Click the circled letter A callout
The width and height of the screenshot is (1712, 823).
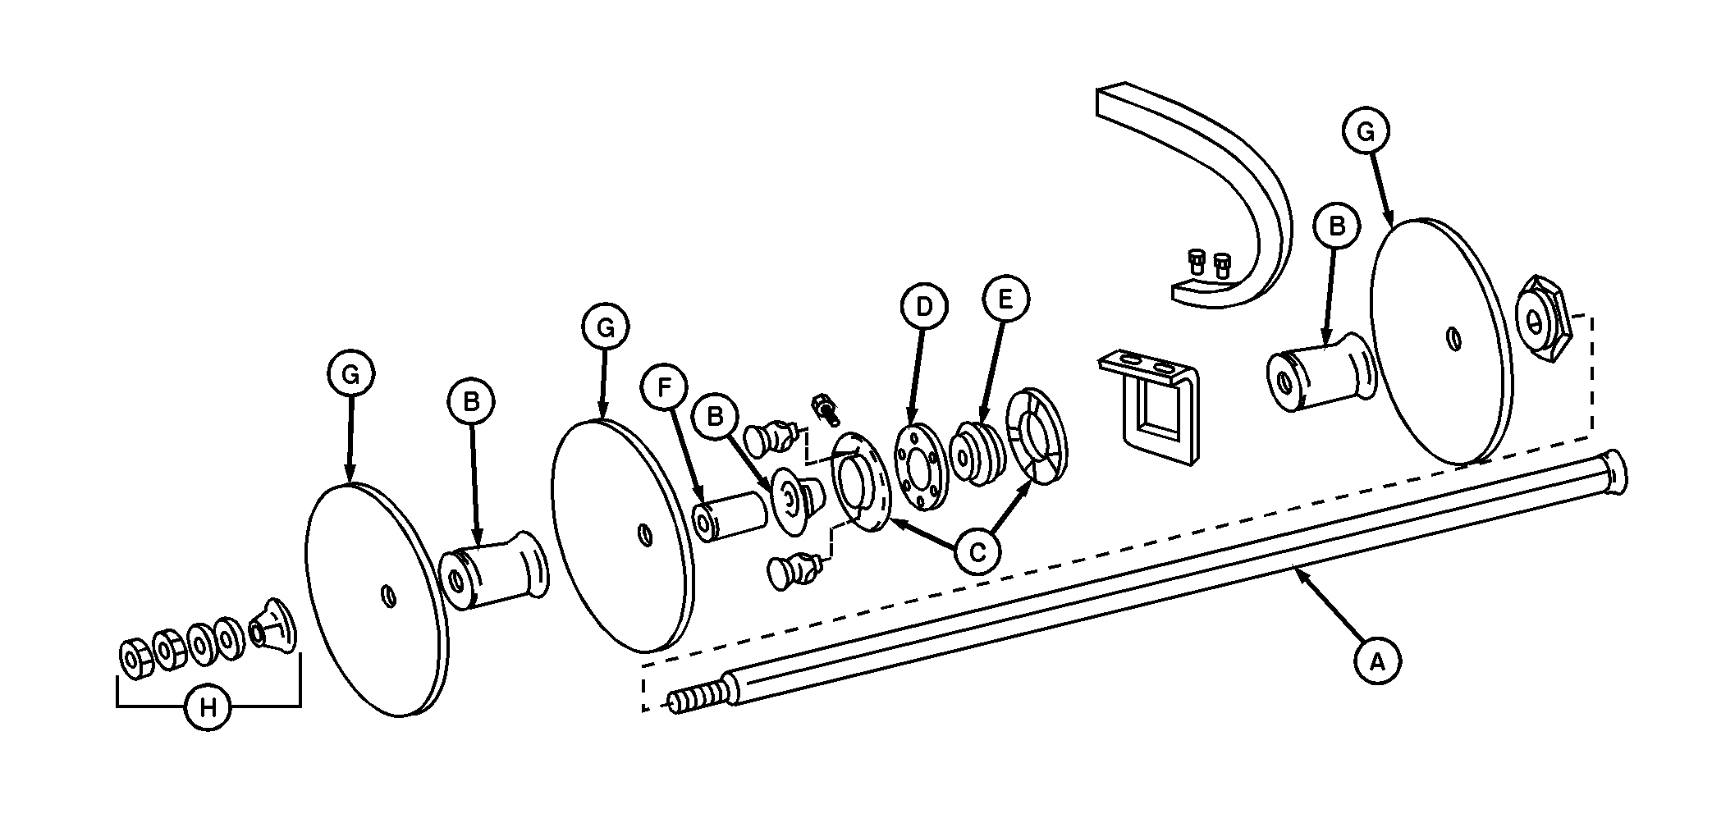[1378, 660]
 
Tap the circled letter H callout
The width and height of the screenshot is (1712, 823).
[208, 706]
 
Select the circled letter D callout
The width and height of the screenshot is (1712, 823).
[924, 307]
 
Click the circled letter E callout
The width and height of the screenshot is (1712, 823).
[1006, 299]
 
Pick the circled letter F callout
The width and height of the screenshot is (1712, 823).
[666, 388]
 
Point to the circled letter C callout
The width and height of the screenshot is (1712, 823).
[977, 552]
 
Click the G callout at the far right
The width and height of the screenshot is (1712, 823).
[1366, 131]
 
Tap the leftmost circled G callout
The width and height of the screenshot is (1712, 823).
[350, 375]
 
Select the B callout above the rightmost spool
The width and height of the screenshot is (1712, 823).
[1336, 226]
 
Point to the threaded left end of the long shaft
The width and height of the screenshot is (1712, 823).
[697, 697]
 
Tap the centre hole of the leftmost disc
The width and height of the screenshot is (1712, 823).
[389, 597]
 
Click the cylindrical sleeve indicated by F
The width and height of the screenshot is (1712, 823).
[730, 515]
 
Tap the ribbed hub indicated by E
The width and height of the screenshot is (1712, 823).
[973, 454]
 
